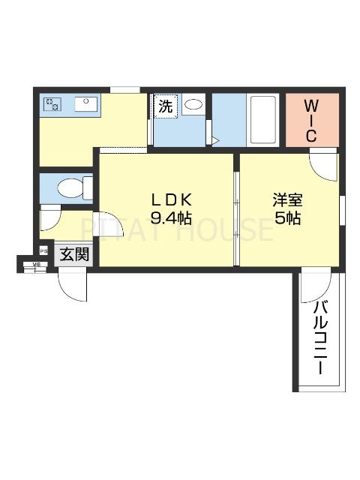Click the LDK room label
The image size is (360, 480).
pos(172,200)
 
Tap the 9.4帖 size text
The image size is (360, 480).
pos(172,219)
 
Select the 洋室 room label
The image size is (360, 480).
pos(287,200)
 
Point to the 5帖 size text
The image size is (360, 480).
pos(287,219)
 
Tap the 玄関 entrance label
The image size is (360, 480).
pos(73,255)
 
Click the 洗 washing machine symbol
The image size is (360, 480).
pos(164,106)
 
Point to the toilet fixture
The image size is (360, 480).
pos(73,187)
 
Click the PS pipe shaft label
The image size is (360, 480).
pos(44,252)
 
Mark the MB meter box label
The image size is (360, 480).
pos(34,265)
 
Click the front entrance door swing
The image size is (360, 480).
pos(73,286)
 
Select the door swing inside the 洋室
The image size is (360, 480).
pos(324,165)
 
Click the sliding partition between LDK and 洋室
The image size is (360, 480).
pos(235,217)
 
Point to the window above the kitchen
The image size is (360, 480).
pos(124,91)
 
